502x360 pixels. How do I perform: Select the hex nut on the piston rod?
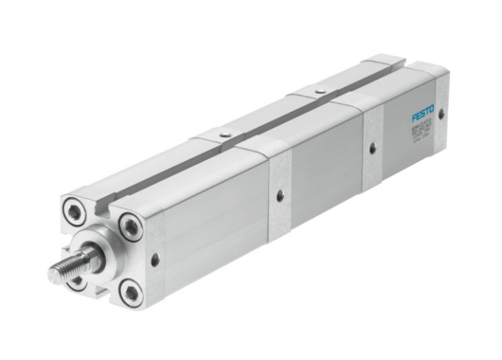[x=91, y=257]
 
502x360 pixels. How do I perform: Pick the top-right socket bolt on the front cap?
[x=129, y=225]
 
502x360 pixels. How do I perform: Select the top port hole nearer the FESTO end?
[x=311, y=94]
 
